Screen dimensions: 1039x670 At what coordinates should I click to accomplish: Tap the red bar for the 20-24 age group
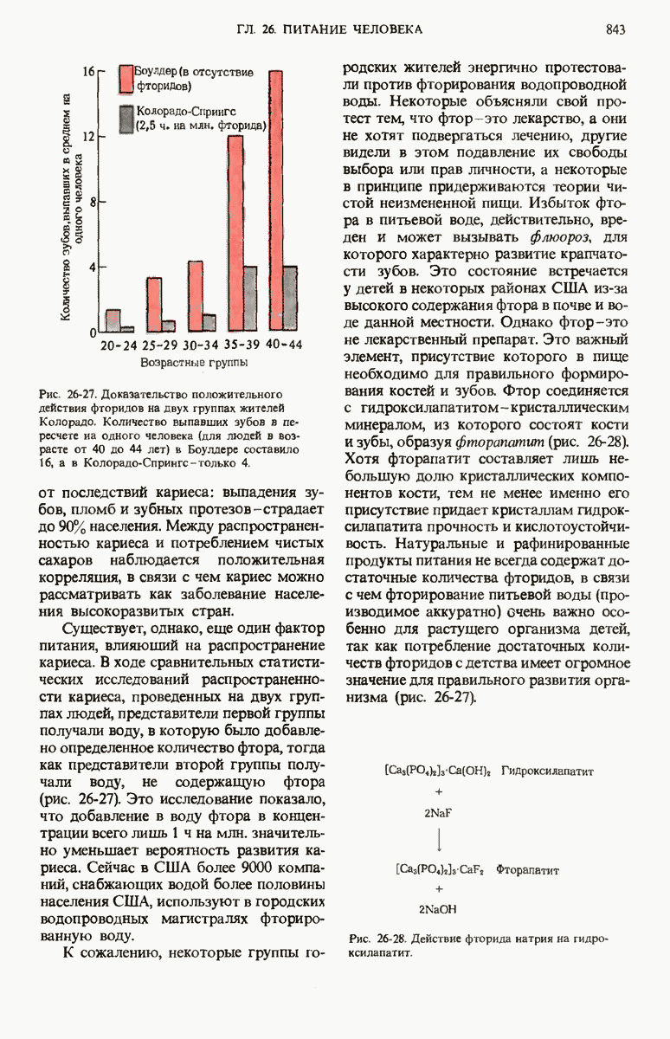113,320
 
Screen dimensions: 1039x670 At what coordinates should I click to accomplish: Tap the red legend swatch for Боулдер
125,77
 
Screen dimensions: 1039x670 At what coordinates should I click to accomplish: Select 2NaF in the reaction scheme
439,814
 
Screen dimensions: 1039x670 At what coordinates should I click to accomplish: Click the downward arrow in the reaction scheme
440,841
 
